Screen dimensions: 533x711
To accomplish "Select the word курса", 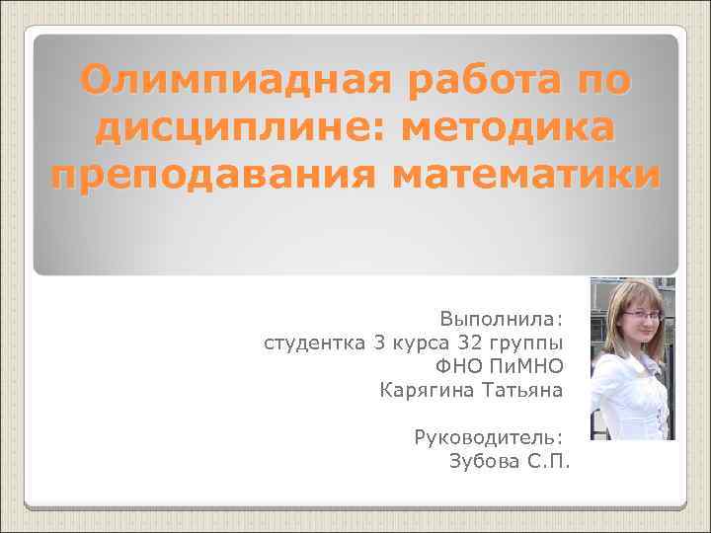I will [x=418, y=343].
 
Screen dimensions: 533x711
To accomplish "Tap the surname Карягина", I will [x=426, y=390].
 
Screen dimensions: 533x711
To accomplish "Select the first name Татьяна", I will [x=522, y=390].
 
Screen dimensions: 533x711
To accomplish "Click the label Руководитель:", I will [x=489, y=437].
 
